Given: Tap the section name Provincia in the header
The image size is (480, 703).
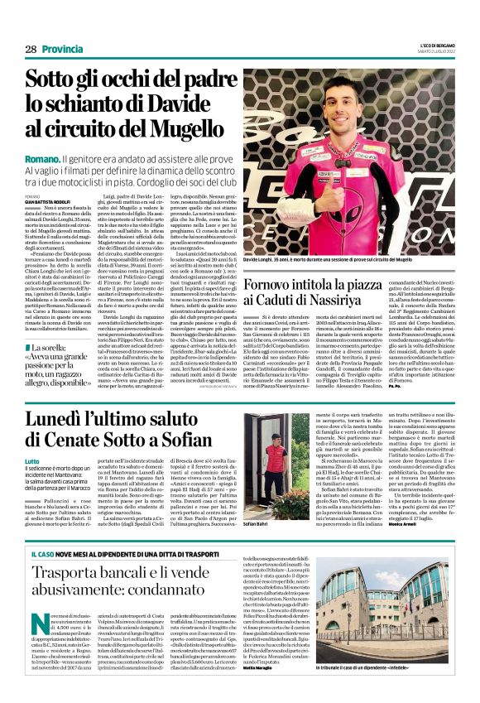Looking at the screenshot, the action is coord(63,50).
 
